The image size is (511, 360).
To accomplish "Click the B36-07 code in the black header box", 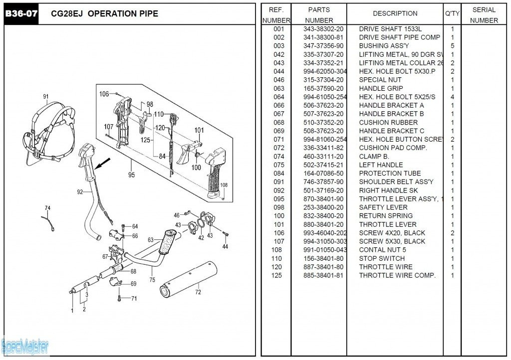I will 21,13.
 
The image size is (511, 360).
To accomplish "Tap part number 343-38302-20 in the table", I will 323,29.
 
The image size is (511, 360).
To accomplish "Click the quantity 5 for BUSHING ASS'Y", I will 452,46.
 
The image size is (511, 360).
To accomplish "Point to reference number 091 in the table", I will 278,182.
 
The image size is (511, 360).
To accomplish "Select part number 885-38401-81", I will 323,275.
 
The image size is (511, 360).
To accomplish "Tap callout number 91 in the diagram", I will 46,97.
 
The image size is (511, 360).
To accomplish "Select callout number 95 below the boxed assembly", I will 132,175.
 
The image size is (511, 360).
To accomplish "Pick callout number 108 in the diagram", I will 224,185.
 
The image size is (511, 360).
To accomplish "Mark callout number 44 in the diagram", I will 225,246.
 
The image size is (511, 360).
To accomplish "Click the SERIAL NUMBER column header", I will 484,15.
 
